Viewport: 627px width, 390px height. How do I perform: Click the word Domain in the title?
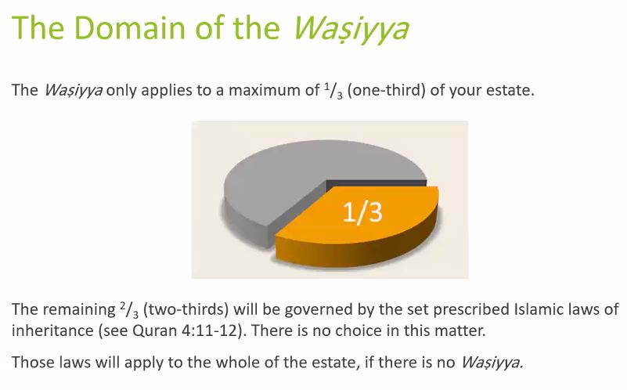coord(131,27)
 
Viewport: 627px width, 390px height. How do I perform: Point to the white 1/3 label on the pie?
coord(362,211)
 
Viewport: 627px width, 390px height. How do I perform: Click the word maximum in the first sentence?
coord(273,90)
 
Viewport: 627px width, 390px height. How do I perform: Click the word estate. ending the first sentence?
coord(510,90)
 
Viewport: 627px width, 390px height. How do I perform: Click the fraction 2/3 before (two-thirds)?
coord(128,310)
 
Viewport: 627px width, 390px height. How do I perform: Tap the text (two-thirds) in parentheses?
coord(186,309)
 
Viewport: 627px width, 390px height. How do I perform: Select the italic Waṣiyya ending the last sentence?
coord(492,363)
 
